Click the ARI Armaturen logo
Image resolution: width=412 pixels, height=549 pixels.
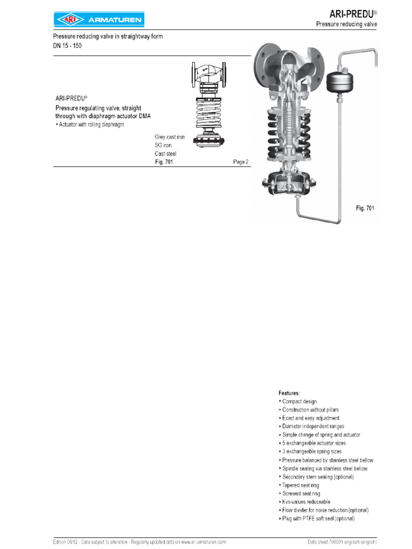[x=99, y=20]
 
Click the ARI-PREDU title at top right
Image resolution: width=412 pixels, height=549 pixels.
[x=351, y=13]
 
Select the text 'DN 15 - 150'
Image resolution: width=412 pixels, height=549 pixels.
[x=68, y=46]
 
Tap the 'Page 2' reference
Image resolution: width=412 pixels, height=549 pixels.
[x=241, y=162]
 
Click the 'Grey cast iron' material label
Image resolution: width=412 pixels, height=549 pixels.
[x=170, y=137]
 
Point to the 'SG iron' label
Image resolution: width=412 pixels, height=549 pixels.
[x=163, y=145]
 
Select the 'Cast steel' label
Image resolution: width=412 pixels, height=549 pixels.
[x=165, y=154]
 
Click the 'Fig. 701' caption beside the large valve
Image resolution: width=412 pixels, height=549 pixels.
[x=365, y=207]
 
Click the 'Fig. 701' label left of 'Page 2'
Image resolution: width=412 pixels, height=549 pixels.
[x=164, y=162]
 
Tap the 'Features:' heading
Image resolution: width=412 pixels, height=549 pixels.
[x=290, y=393]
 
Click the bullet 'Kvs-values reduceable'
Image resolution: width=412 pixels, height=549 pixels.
[x=304, y=502]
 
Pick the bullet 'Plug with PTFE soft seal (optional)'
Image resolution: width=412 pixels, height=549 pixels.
[x=318, y=518]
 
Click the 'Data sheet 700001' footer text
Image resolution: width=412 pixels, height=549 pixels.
[x=326, y=542]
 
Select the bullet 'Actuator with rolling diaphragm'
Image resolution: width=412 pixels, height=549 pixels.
[x=90, y=125]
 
